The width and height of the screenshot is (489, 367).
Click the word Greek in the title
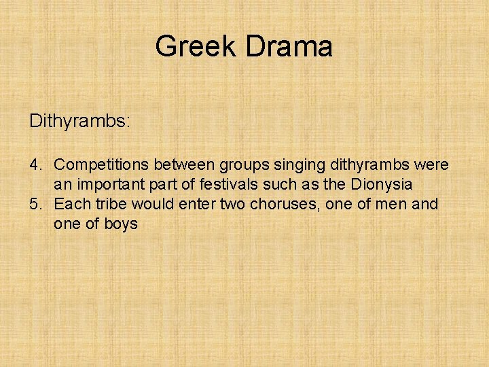tap(196, 47)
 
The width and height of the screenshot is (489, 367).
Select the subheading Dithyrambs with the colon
tap(80, 122)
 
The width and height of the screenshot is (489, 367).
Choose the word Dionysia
tap(381, 185)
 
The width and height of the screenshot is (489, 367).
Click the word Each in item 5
tap(69, 204)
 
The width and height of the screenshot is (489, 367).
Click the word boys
tap(122, 224)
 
